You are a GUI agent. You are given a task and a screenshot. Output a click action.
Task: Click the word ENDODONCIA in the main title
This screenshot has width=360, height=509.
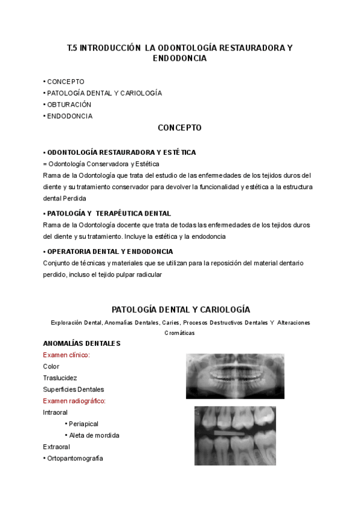pos(180,59)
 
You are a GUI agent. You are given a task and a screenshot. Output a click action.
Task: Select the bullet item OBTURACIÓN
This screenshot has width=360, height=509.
pos(68,104)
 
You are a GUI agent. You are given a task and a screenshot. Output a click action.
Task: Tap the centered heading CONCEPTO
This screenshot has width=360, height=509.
pos(179,128)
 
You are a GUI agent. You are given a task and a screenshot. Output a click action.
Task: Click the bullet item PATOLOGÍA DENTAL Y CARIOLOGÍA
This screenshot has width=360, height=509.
pos(104,93)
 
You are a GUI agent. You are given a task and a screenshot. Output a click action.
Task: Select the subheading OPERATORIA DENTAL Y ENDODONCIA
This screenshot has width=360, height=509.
pos(110,251)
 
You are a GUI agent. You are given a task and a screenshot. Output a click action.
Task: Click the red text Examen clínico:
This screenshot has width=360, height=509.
pos(66,355)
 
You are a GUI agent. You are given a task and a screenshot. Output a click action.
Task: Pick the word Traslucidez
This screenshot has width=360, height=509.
pos(60,378)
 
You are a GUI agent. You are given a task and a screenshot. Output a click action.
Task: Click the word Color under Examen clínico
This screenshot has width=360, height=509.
pos(52,366)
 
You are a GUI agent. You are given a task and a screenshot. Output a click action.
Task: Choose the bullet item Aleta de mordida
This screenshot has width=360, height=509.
pos(94,435)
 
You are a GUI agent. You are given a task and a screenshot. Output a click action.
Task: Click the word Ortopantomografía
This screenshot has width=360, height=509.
pos(74,458)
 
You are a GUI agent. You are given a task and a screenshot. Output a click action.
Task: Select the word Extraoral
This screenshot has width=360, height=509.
pos(56,447)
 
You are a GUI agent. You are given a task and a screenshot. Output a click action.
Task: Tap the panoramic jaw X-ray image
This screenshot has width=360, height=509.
pos(235,376)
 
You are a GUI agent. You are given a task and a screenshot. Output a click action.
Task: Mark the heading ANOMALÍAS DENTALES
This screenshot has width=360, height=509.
pos(82,343)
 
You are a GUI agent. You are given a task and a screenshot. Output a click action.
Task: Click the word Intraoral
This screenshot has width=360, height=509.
pos(55,412)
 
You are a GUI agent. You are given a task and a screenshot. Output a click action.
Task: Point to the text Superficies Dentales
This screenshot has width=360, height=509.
pos(73,389)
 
